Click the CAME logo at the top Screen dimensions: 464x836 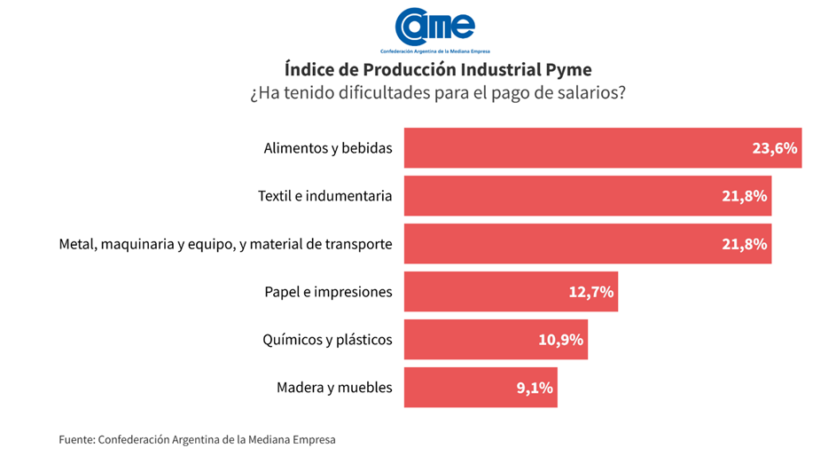coord(435,28)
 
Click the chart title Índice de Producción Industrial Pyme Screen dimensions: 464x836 coord(438,69)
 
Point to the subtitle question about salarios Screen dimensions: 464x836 coord(438,93)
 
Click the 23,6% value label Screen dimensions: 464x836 coord(775,148)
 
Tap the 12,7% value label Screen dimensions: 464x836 coord(591,292)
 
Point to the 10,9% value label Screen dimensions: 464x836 coord(561,340)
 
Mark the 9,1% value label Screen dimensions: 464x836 coord(535,388)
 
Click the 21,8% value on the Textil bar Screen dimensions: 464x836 coord(745,196)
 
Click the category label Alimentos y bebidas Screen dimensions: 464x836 coord(328,148)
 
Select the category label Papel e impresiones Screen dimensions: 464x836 coord(328,292)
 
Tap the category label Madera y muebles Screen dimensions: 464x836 coord(334,388)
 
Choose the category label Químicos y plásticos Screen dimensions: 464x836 coord(327,340)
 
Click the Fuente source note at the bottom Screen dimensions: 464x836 coord(198,439)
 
